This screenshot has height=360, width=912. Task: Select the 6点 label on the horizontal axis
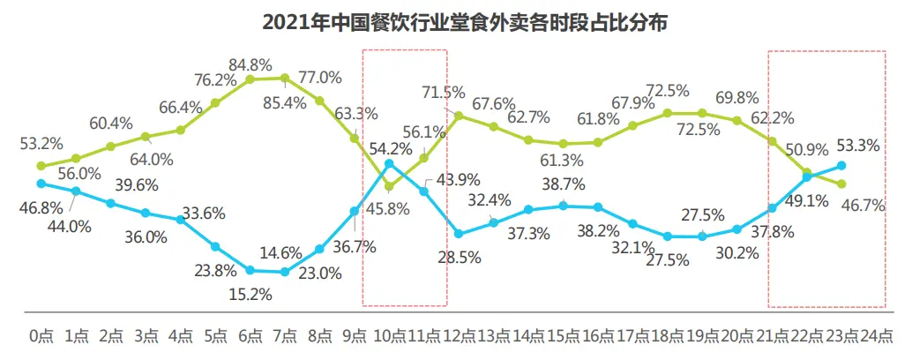coord(251,336)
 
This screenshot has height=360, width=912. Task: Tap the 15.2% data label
coord(250,294)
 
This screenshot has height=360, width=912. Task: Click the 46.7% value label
coord(863,205)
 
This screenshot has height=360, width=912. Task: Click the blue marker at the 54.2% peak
coord(390,163)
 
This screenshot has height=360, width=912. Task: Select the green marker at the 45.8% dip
coord(390,185)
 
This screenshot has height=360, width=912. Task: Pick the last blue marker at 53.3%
coord(842,165)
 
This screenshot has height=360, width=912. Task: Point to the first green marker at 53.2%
coord(41,165)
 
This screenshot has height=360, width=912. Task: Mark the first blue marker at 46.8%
coord(41,183)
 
